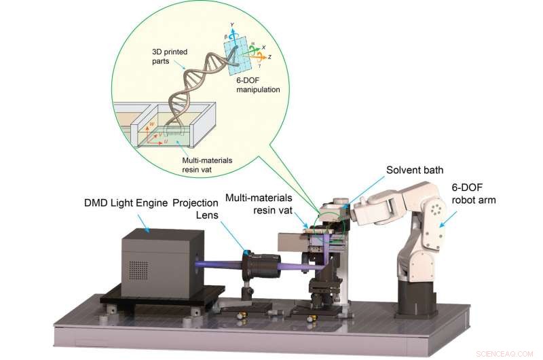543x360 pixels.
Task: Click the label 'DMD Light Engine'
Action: pyautogui.click(x=124, y=203)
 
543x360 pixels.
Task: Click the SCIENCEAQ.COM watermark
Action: pyautogui.click(x=508, y=353)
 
